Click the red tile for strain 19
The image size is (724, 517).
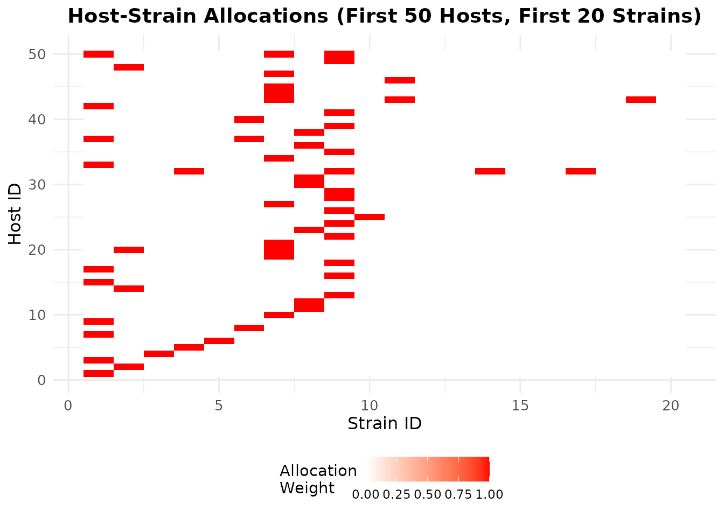tap(641, 100)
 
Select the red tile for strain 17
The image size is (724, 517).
tap(581, 171)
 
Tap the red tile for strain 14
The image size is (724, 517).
tap(490, 171)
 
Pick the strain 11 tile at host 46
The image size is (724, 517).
tap(400, 80)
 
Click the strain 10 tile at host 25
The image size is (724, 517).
tap(370, 217)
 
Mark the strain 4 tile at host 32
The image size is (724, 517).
tap(189, 171)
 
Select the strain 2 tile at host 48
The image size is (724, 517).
tap(129, 67)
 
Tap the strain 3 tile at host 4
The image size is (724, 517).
tap(159, 354)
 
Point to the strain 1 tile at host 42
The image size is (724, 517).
tap(99, 106)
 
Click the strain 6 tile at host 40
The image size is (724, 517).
tap(249, 119)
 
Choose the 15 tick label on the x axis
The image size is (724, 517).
tap(520, 406)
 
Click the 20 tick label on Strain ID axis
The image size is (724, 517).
tap(671, 406)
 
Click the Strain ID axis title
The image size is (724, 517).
tap(384, 424)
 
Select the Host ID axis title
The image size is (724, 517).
tap(16, 214)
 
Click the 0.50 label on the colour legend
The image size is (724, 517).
tap(428, 494)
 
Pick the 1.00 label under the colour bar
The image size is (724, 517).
tap(490, 494)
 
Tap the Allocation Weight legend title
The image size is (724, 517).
tap(318, 479)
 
